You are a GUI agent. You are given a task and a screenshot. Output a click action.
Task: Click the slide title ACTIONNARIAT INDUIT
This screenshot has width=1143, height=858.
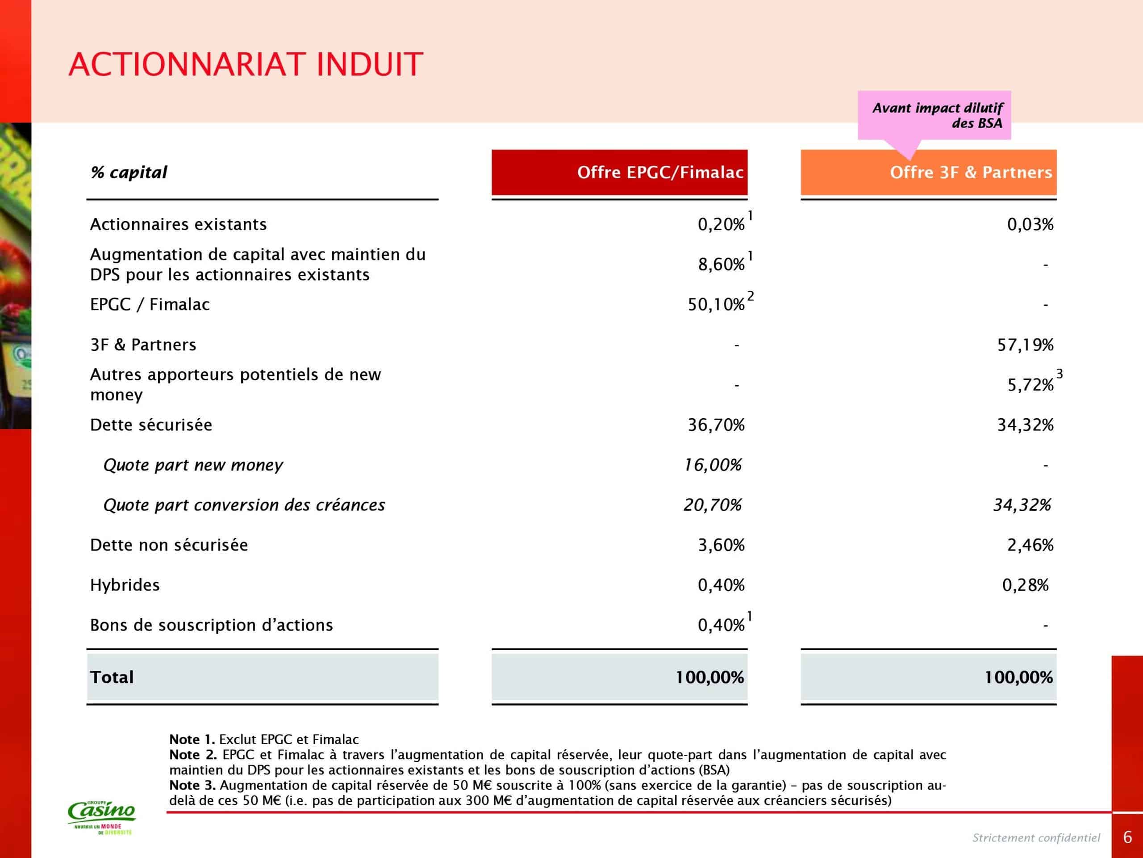click(246, 65)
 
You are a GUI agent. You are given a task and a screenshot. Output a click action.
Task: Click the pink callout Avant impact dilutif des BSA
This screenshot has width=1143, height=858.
click(934, 115)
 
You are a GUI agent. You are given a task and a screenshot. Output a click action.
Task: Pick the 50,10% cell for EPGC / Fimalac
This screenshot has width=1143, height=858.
click(716, 305)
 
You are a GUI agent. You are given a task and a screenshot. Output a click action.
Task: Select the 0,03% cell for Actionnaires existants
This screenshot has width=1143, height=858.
click(1030, 224)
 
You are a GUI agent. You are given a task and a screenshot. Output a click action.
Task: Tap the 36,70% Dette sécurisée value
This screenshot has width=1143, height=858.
click(716, 425)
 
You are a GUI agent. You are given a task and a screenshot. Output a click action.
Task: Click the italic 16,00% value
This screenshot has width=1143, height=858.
click(713, 465)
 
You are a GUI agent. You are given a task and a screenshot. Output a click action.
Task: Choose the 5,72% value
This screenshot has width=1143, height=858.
click(1030, 385)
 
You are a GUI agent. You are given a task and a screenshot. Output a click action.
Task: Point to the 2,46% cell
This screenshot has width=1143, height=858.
click(1030, 545)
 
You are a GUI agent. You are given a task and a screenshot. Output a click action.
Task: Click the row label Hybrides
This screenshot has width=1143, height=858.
click(125, 585)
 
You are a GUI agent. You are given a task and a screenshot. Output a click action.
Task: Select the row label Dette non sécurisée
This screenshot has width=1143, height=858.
click(168, 545)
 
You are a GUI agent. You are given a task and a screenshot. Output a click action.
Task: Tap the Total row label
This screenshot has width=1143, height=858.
click(112, 677)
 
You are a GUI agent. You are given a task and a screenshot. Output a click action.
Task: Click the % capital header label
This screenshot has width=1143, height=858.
click(129, 172)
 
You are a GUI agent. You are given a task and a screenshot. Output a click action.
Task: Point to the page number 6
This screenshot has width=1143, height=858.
click(1127, 837)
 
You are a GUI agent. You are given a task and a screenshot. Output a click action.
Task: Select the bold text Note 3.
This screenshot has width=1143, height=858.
click(192, 786)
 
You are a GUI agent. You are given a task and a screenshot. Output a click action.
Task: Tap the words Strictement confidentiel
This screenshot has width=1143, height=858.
click(1036, 838)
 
